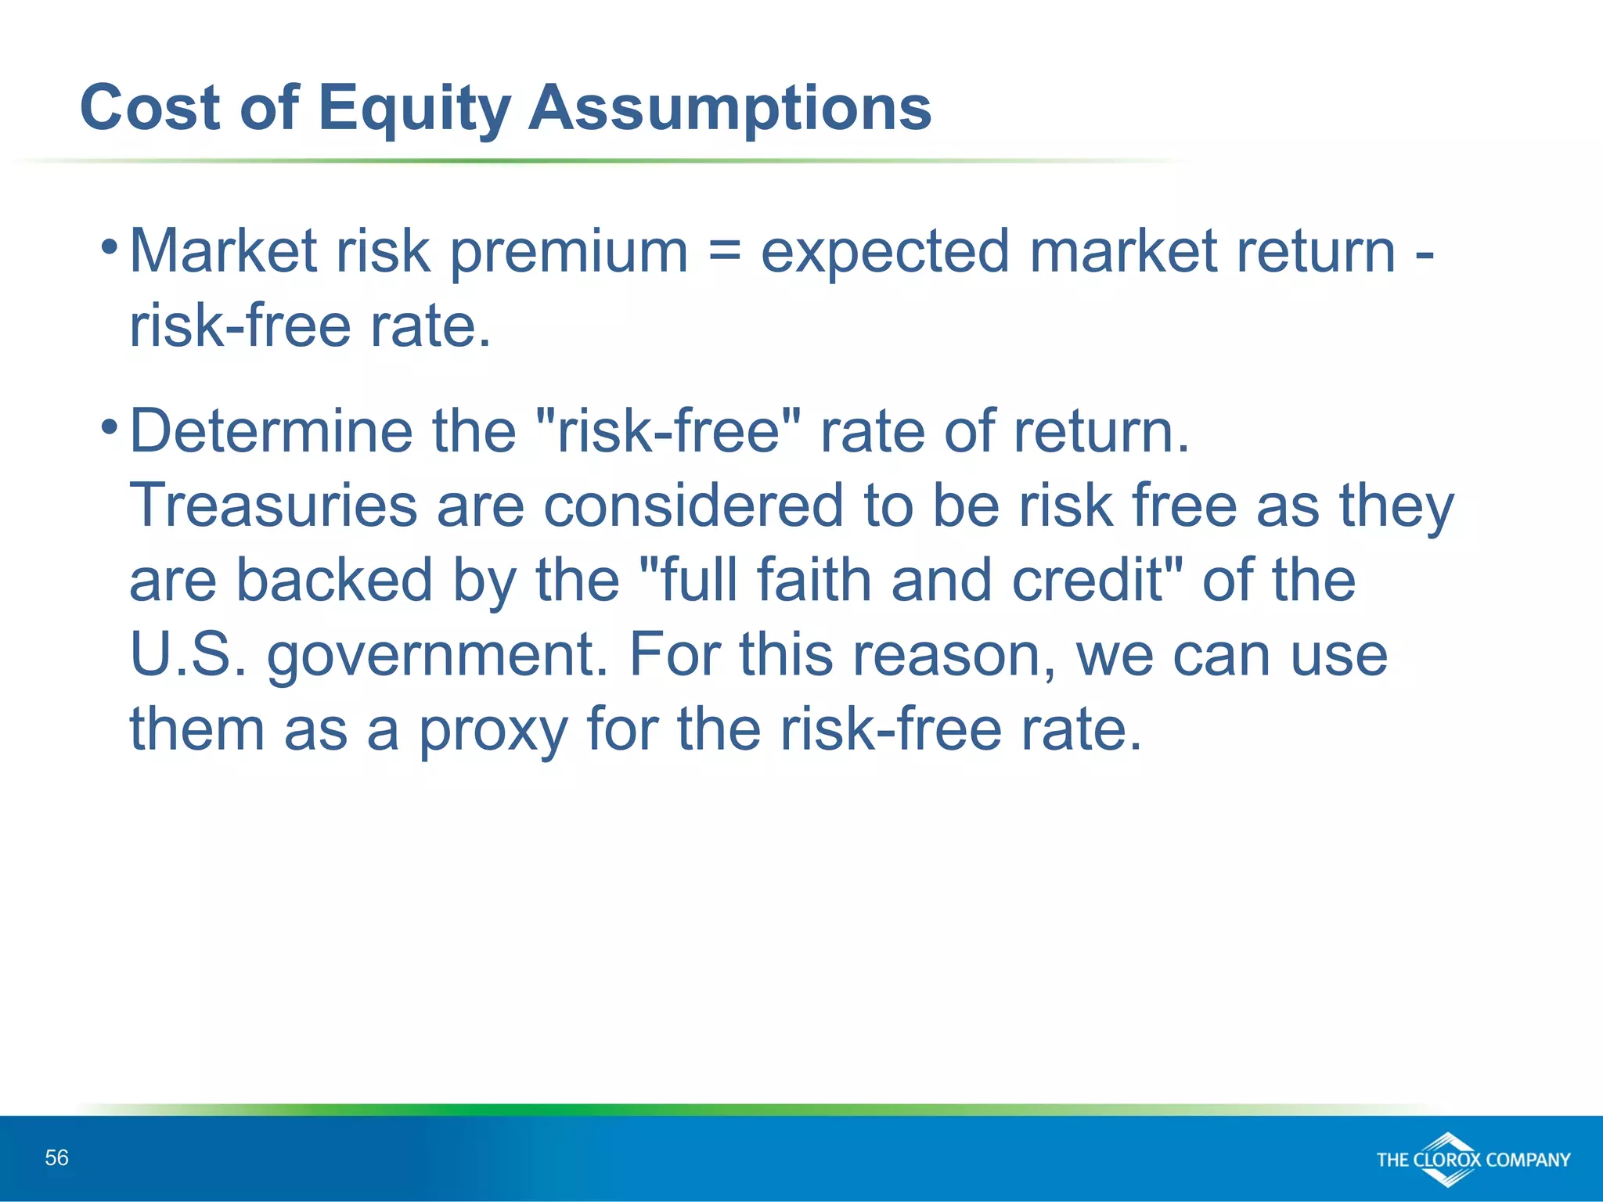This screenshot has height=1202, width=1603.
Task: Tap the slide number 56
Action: point(56,1157)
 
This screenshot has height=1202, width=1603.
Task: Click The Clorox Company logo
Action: point(1473,1159)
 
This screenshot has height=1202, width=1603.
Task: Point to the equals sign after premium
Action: point(724,252)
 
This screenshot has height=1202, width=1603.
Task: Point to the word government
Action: point(437,656)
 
